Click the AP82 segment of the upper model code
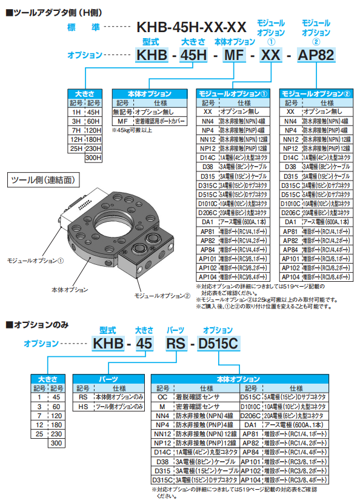coord(317,56)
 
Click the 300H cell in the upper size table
coord(93,158)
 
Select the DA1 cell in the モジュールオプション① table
coord(208,222)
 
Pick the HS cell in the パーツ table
coord(84,406)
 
